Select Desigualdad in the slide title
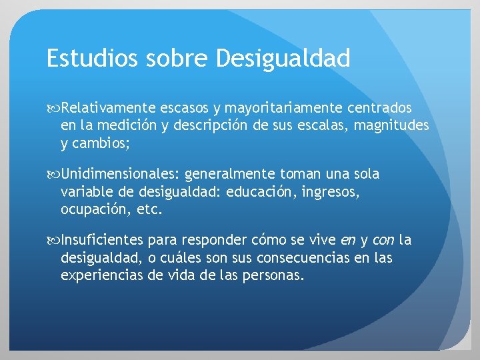click(x=283, y=59)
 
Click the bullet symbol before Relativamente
click(x=53, y=108)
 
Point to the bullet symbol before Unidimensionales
click(x=53, y=175)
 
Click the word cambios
click(x=102, y=142)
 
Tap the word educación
click(x=258, y=192)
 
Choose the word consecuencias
click(x=312, y=258)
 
